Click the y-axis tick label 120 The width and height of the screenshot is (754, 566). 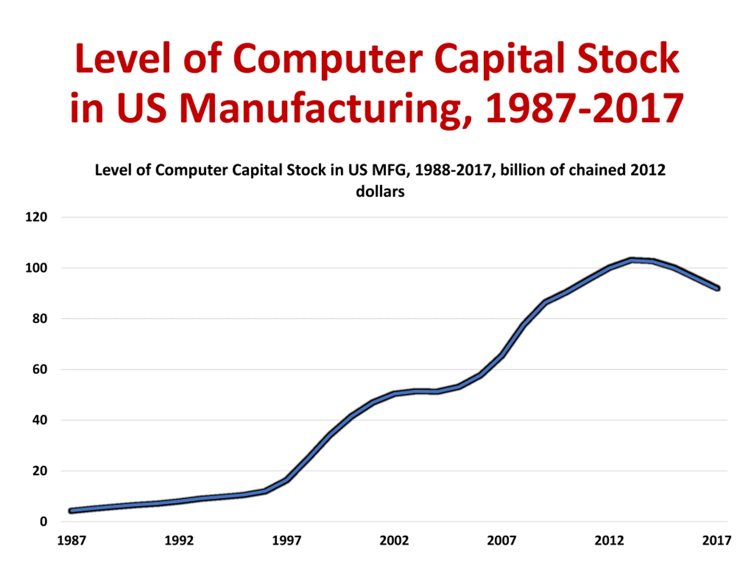pos(36,217)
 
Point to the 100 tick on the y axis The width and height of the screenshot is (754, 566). pos(36,268)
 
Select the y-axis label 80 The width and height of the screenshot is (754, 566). pos(39,319)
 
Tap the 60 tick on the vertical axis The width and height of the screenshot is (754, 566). pos(39,369)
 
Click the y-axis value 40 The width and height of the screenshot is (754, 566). pos(39,420)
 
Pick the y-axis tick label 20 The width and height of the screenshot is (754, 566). pos(39,471)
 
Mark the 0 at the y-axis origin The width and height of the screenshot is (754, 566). pos(43,521)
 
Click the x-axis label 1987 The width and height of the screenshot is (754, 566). pos(72,541)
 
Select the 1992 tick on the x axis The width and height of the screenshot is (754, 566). pos(179,541)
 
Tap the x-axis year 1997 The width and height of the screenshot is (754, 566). pos(286,541)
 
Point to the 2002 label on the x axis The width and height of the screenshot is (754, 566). pos(394,541)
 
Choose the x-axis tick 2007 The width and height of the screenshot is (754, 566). pos(501,541)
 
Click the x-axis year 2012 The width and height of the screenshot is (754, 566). pos(609,541)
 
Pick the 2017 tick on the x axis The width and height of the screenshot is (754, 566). pos(717,541)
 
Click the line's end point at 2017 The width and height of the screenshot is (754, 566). pos(717,288)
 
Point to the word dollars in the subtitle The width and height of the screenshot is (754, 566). pos(380,191)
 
